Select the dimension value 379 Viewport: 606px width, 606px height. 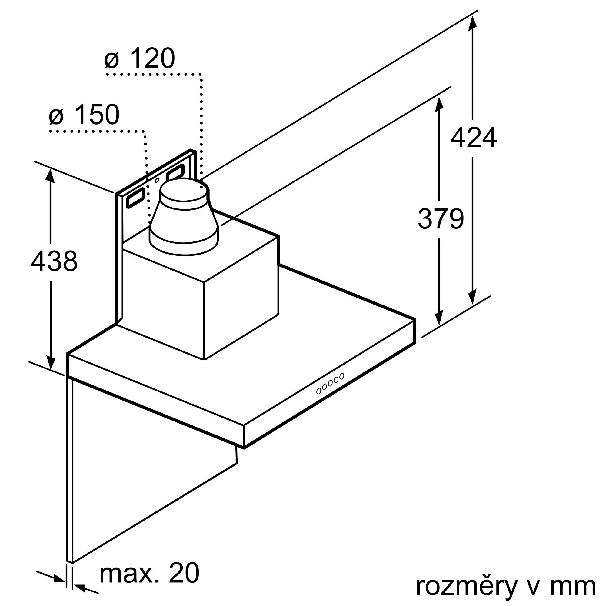coord(441,219)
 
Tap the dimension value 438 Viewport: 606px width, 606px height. coord(54,261)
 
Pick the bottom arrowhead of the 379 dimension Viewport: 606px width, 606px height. coord(439,318)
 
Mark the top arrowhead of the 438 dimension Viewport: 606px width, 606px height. coord(50,176)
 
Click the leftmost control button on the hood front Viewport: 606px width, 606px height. coord(319,391)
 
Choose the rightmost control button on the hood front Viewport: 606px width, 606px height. coord(342,376)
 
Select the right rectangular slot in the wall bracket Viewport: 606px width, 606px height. coord(175,172)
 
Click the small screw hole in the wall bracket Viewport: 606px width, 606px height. coord(157,180)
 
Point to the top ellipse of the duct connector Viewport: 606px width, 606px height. coord(184,190)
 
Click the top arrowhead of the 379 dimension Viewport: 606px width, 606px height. coord(439,104)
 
